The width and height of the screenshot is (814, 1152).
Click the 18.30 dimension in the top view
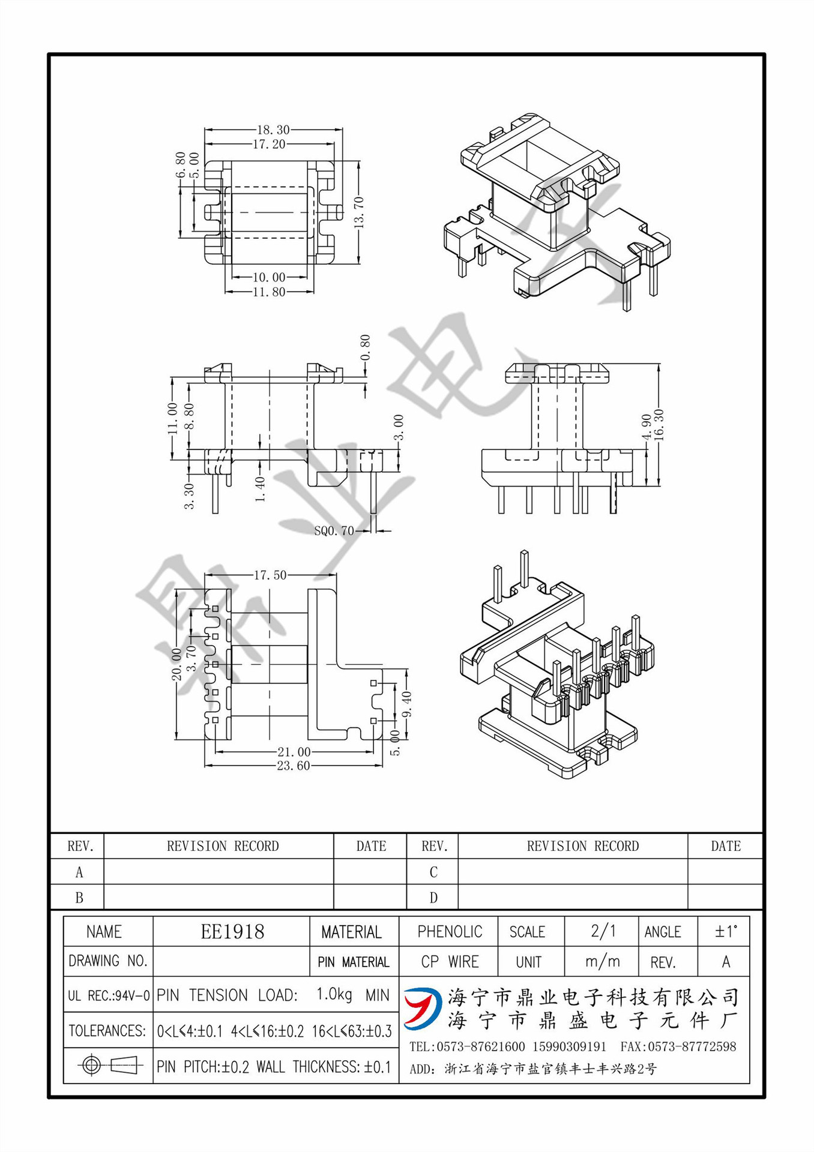tap(273, 130)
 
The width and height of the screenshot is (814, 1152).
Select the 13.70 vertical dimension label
tap(360, 212)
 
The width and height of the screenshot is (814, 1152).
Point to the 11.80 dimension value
tap(269, 292)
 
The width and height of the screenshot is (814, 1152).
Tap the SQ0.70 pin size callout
tap(334, 531)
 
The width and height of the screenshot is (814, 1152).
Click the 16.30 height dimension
tap(659, 425)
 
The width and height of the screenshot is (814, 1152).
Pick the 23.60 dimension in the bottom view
tap(293, 766)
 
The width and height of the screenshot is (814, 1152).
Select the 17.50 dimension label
tap(270, 575)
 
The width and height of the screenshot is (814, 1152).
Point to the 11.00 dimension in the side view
tap(172, 418)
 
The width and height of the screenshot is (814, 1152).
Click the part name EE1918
tap(232, 932)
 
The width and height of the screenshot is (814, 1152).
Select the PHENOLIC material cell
tap(450, 932)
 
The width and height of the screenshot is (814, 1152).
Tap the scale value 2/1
tap(603, 931)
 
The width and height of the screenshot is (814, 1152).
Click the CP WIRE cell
tap(450, 962)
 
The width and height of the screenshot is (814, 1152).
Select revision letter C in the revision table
tap(433, 872)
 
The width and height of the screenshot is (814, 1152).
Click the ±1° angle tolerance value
tap(725, 932)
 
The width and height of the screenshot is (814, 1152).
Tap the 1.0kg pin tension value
tap(334, 995)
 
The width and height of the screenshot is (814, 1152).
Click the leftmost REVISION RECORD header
tap(223, 846)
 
